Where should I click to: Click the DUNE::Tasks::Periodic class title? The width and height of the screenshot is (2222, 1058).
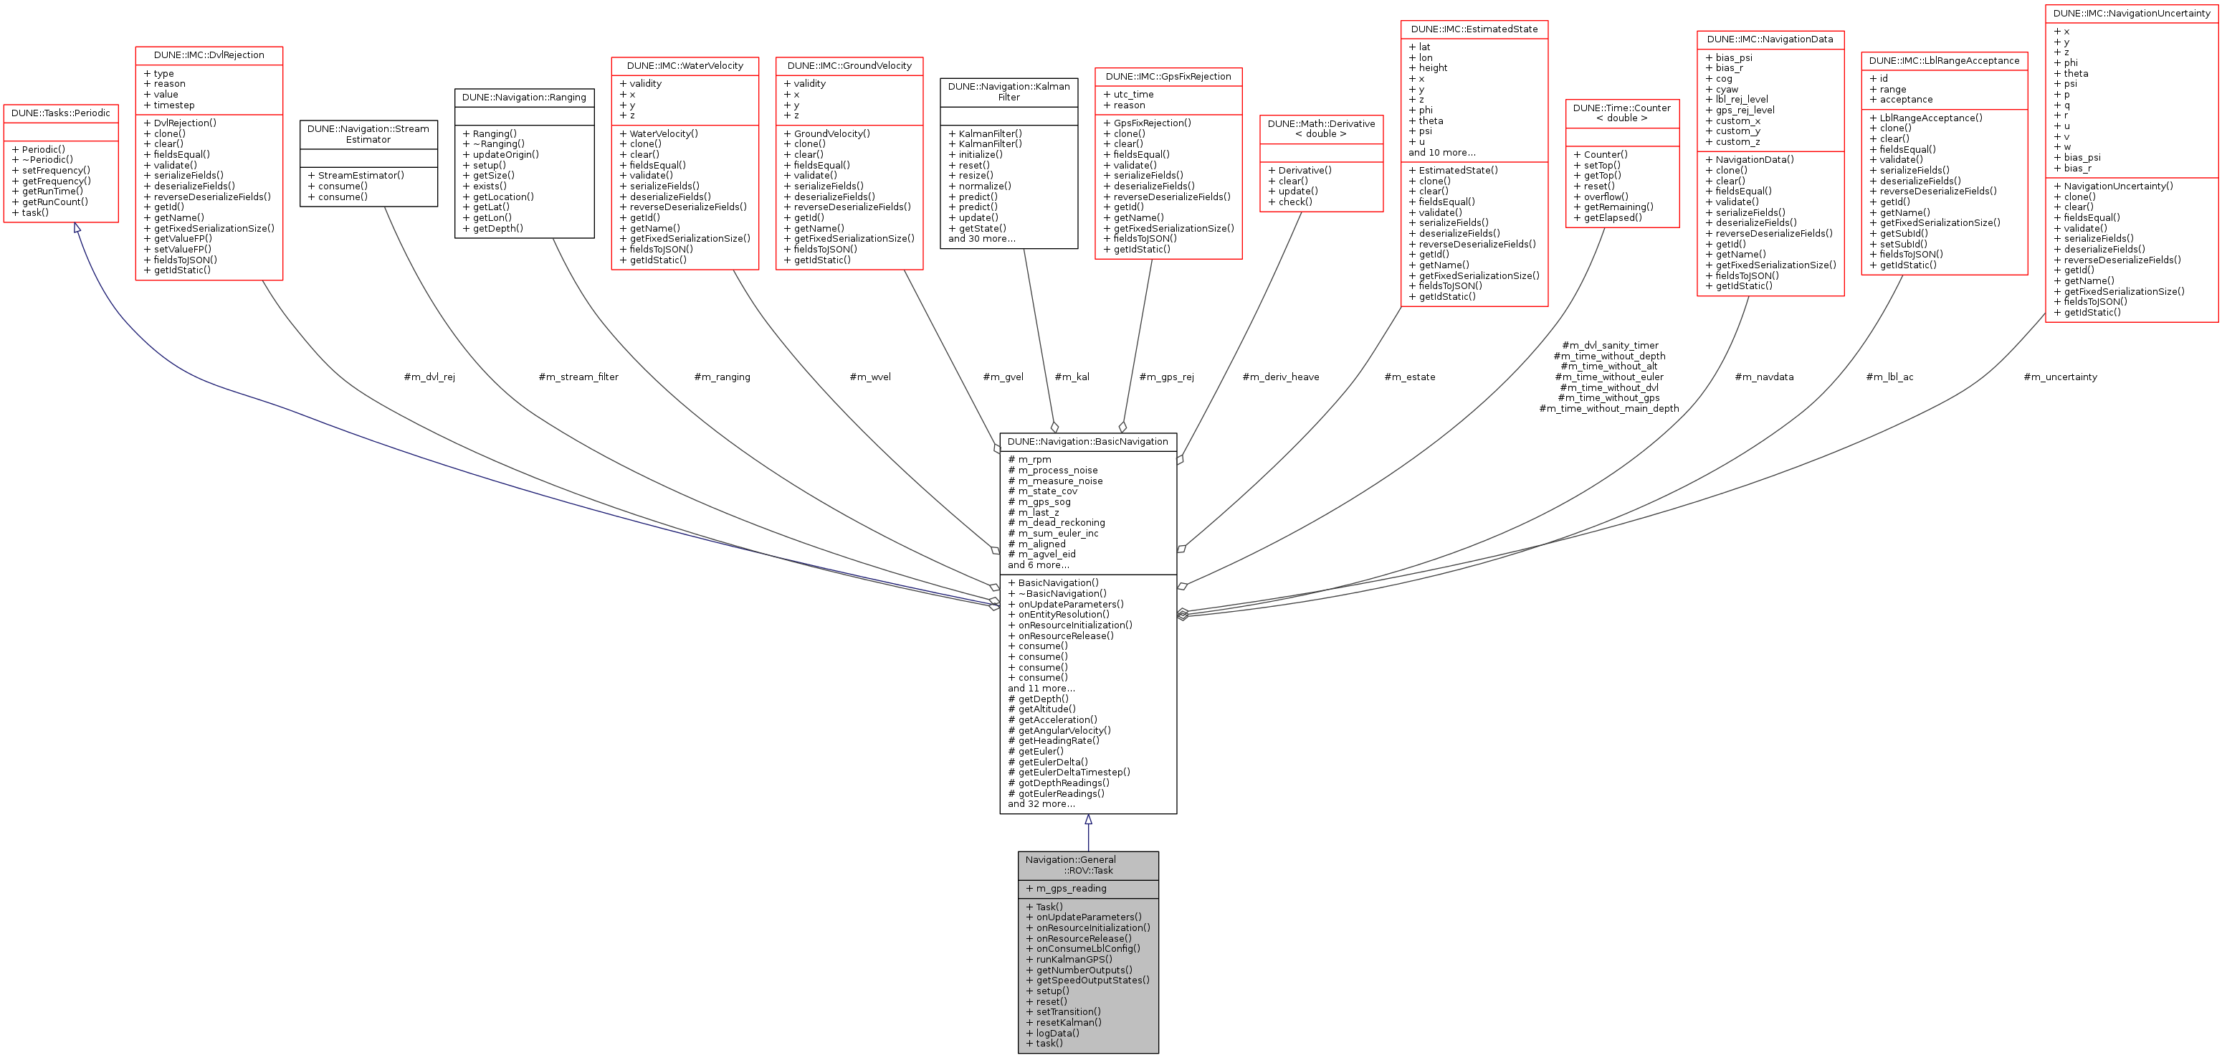[x=60, y=113]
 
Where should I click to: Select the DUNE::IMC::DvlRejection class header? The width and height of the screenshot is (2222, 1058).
[x=209, y=55]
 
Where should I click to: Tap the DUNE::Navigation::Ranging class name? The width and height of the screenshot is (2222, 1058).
[x=523, y=98]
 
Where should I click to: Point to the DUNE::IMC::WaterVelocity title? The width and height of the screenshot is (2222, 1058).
[x=685, y=65]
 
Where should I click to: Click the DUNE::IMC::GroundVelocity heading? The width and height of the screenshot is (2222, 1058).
[x=849, y=65]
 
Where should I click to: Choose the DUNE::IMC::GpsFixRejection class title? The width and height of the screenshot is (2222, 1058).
[x=1168, y=77]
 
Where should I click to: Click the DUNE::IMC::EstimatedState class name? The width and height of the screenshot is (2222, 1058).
[x=1474, y=29]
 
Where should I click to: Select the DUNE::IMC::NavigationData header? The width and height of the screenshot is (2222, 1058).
[x=1770, y=39]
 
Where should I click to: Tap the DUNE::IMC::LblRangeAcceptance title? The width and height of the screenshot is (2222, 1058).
[x=1944, y=60]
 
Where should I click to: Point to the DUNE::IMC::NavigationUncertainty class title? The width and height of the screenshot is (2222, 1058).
[x=2132, y=14]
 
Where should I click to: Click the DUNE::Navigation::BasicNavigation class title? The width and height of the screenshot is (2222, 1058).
[x=1088, y=442]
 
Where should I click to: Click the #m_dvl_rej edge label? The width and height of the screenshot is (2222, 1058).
[x=429, y=377]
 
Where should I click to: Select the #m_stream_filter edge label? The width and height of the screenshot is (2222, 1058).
[x=578, y=377]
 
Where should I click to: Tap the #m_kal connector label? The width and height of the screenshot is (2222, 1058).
[x=1072, y=377]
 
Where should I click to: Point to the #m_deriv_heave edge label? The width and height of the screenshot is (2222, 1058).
[x=1280, y=377]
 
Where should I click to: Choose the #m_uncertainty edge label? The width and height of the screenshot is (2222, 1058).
[x=2060, y=377]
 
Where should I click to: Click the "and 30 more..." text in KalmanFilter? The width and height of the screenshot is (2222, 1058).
[x=981, y=239]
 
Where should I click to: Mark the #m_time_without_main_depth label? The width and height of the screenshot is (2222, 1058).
[x=1608, y=409]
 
